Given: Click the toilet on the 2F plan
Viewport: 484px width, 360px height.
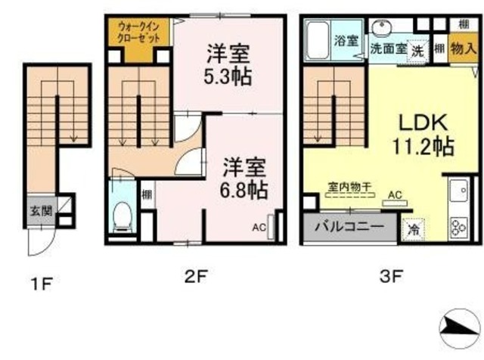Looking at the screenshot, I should click(x=120, y=218).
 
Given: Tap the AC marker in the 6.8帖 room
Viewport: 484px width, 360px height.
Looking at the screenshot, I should click(x=259, y=226).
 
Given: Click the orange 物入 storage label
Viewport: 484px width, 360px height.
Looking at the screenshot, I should click(x=462, y=49).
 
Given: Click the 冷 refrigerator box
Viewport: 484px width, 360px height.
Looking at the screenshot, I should click(x=413, y=226).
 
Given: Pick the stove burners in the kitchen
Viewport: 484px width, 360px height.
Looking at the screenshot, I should click(x=459, y=226).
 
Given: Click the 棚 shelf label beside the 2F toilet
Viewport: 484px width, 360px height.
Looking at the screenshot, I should click(x=146, y=194).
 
